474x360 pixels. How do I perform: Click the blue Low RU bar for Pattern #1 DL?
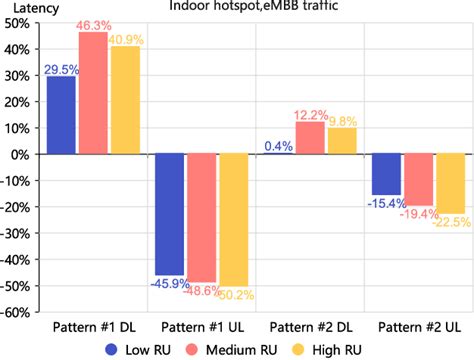click(x=61, y=116)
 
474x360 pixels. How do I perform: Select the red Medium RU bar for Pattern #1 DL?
click(x=93, y=95)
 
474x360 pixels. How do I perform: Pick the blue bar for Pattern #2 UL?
click(x=385, y=174)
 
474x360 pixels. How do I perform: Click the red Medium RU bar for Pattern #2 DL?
click(x=309, y=138)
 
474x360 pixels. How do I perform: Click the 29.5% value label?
click(x=61, y=70)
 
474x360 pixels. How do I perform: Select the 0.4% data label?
click(x=278, y=146)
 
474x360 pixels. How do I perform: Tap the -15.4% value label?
click(x=385, y=203)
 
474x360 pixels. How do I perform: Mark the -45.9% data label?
click(x=170, y=283)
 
